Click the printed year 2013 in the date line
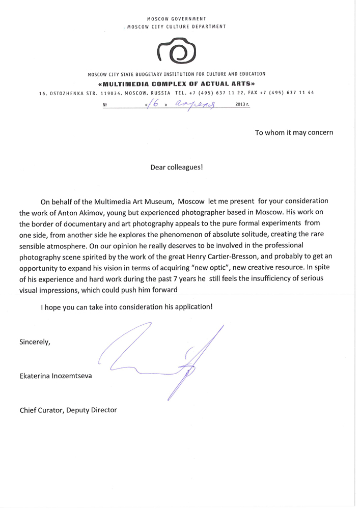click(x=241, y=105)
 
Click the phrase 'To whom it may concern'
click(x=294, y=133)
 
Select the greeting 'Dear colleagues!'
click(x=176, y=166)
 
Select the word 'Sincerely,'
click(x=35, y=342)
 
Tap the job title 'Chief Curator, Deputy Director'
click(x=68, y=410)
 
